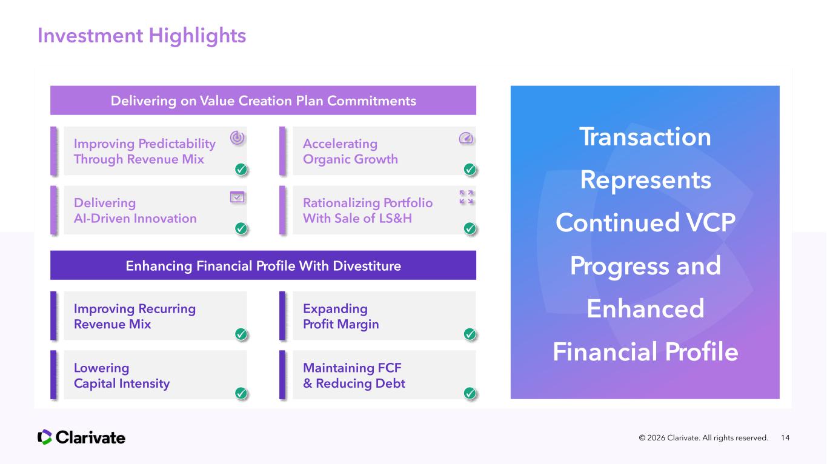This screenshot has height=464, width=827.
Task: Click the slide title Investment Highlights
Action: point(142,36)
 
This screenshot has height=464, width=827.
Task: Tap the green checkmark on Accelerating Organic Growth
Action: point(470,169)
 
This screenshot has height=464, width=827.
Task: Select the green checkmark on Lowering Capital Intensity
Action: point(241,393)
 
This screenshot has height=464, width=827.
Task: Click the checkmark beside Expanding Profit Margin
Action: point(470,334)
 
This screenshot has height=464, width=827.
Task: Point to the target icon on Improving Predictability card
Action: point(237,138)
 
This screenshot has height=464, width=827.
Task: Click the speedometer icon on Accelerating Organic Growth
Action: point(466,138)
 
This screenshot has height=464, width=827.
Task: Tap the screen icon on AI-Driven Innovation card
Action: point(237,197)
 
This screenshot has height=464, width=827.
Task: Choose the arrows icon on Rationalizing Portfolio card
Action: point(467,197)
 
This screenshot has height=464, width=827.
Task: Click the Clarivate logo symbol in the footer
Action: point(45,437)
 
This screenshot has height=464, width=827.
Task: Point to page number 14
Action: point(785,438)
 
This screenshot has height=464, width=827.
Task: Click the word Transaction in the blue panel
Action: point(645,137)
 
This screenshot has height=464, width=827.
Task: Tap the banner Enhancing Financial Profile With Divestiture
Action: point(263,265)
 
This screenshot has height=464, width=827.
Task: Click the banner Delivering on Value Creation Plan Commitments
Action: point(263,101)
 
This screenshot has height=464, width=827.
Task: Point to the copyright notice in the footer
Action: point(703,438)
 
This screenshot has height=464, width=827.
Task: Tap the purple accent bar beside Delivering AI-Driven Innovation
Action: point(53,210)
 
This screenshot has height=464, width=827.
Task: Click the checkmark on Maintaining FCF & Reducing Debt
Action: point(470,393)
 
